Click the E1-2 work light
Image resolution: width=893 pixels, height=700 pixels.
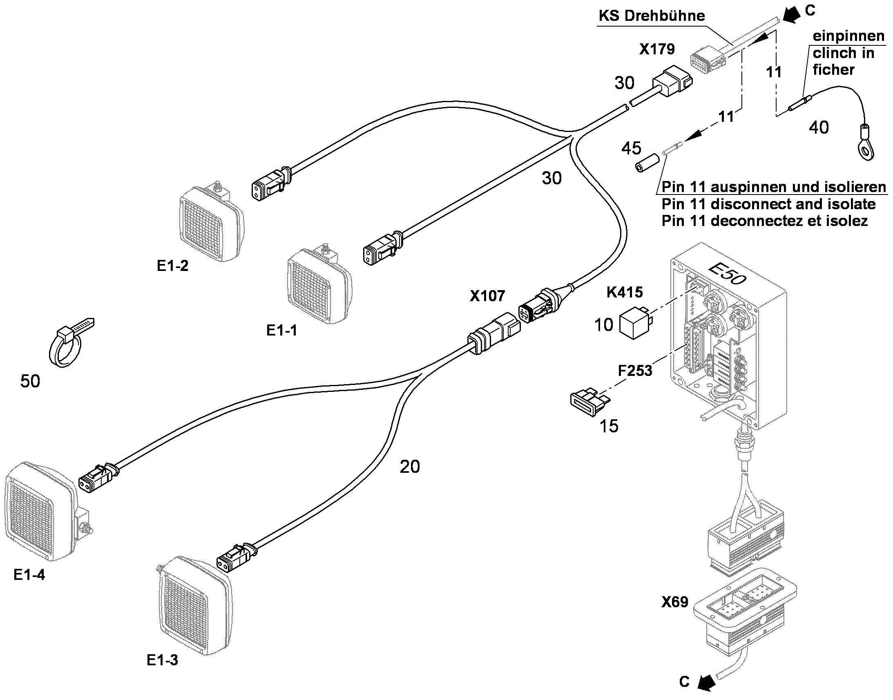tap(210, 221)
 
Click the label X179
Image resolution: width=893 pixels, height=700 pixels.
tap(656, 49)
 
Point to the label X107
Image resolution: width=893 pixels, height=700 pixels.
tap(487, 296)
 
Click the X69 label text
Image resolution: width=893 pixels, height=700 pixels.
tap(675, 602)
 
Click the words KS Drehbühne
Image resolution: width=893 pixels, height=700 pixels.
tap(652, 16)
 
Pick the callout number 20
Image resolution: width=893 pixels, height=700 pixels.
tap(410, 467)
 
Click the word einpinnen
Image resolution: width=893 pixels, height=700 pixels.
tap(848, 36)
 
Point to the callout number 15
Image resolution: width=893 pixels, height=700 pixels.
tap(609, 427)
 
